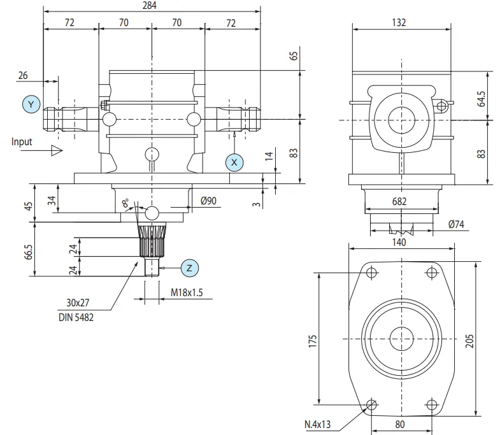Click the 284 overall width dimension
(151, 5)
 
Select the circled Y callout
(31, 104)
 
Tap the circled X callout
(234, 162)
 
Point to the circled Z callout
(189, 268)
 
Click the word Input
(21, 141)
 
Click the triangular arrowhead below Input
(56, 151)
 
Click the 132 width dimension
(399, 22)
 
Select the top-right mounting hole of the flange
(432, 273)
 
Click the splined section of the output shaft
(152, 241)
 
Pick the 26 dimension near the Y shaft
(23, 75)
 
